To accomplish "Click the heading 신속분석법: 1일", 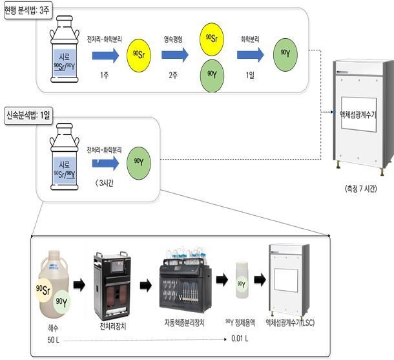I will click(30, 114).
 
